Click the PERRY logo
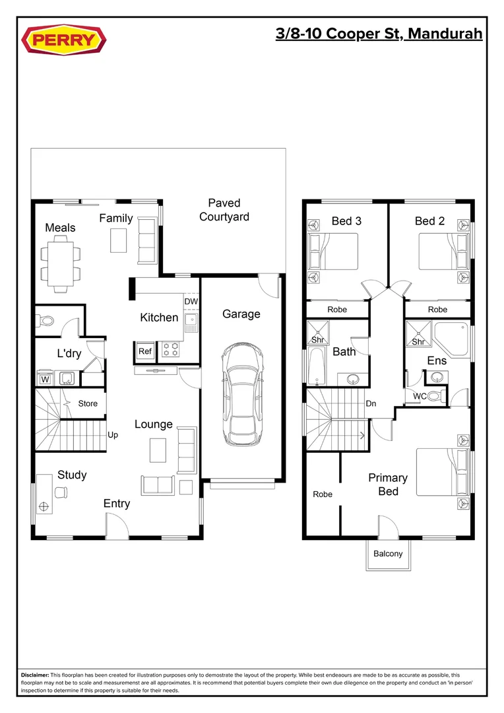(x=64, y=40)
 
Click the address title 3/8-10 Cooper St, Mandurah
(x=379, y=34)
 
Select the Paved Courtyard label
(x=224, y=210)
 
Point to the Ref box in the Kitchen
(x=145, y=352)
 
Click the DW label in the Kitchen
(x=191, y=302)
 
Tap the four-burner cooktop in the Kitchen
(x=171, y=349)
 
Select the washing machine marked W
(x=46, y=379)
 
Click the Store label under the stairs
(x=88, y=403)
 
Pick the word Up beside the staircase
(x=113, y=436)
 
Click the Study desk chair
(x=61, y=492)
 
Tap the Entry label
(x=117, y=504)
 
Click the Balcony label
(x=388, y=553)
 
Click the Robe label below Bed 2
(x=437, y=310)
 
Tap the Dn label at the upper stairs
(x=371, y=403)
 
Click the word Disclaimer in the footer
(x=35, y=675)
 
